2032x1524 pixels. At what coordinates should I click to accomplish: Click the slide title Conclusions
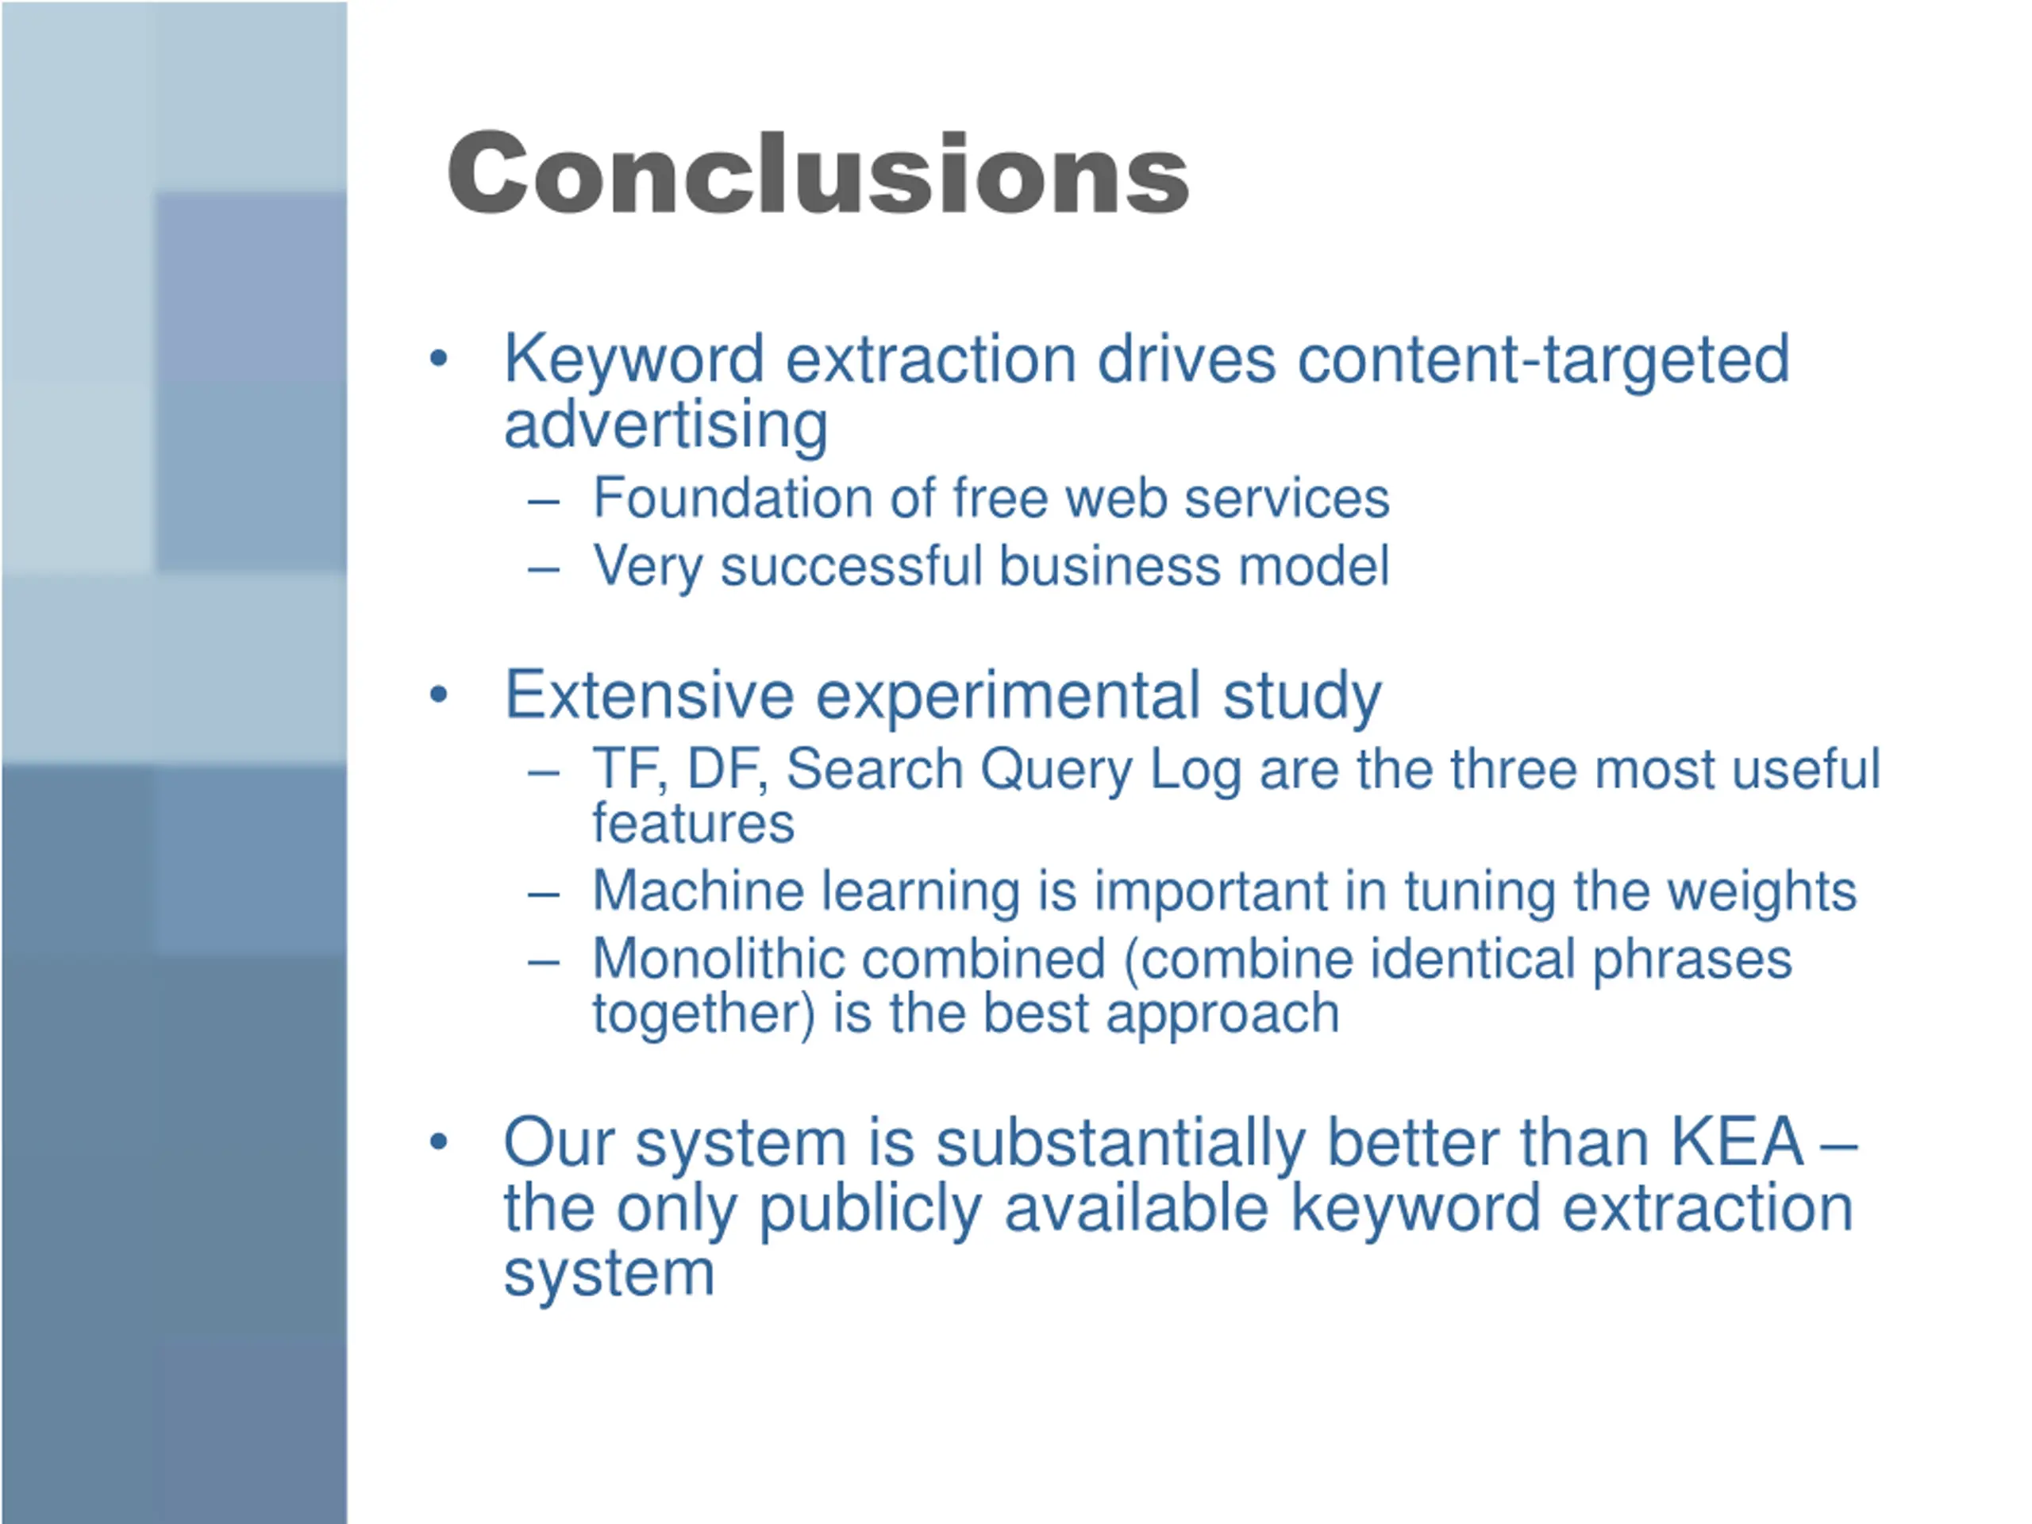[818, 174]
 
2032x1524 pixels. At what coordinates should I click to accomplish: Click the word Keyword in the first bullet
[634, 360]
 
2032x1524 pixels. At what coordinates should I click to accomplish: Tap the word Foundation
[731, 498]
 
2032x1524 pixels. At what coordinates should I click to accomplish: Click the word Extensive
[649, 695]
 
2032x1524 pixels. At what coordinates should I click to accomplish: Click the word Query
[1056, 771]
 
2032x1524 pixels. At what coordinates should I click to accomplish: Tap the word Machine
[698, 891]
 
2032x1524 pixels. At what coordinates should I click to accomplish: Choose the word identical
[1472, 959]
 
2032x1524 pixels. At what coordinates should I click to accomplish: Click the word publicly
[870, 1210]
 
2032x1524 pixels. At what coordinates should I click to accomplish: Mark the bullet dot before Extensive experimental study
[438, 695]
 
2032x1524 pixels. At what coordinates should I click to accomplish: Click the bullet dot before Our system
[438, 1142]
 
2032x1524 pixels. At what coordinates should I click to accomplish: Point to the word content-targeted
[1543, 361]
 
